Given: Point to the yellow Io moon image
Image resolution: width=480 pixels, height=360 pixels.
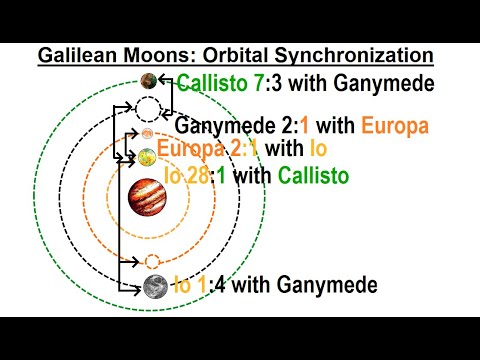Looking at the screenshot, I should click(x=147, y=156).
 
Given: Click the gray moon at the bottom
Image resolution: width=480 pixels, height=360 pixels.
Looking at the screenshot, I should click(x=154, y=288).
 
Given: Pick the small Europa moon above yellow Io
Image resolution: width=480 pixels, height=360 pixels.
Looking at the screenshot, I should click(x=148, y=133).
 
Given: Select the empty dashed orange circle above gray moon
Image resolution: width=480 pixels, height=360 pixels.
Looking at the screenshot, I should click(x=152, y=262).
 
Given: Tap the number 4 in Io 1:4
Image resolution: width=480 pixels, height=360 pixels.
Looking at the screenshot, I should click(x=230, y=286).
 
